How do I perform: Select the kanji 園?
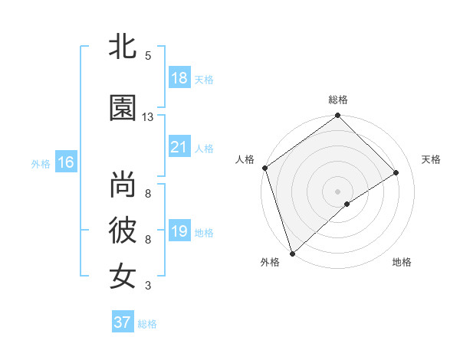pos(123,108)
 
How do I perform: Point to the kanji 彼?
pos(123,230)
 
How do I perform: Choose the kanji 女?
pos(123,275)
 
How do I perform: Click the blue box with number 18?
pos(179,78)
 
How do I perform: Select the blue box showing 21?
pos(179,148)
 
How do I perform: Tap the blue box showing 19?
pos(179,232)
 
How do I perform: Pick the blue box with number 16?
pos(66,162)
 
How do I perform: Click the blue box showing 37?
pos(123,322)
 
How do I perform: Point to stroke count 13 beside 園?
pos(148,117)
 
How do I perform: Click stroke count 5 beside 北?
pos(148,55)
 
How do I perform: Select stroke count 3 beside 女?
pos(148,286)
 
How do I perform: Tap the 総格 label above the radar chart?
pos(338,100)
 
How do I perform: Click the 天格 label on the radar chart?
pos(432,159)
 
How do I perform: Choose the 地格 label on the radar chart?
pos(402,262)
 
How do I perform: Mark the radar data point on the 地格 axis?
pos(347,204)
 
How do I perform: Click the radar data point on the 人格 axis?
pos(264,168)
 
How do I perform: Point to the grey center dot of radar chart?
pos(337,191)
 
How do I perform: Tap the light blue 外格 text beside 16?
pos(41,163)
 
